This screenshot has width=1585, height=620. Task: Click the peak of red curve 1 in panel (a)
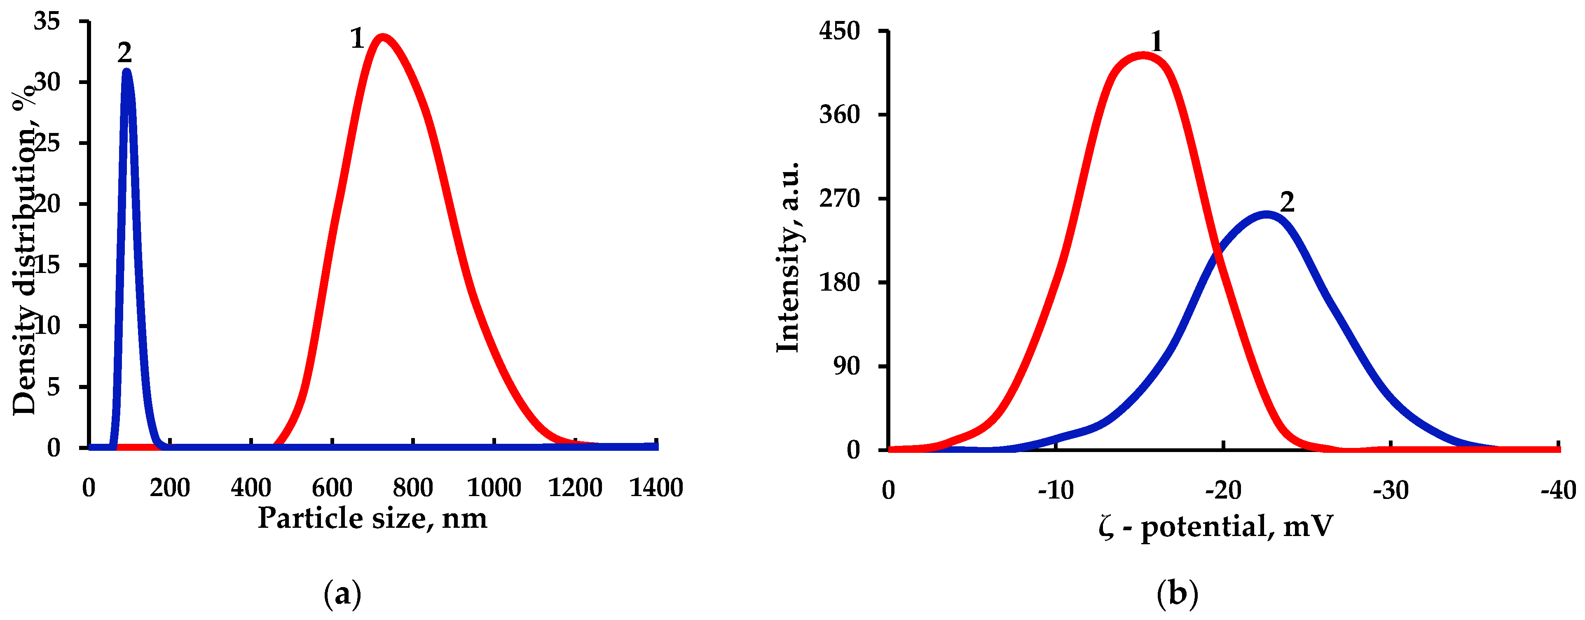click(x=383, y=37)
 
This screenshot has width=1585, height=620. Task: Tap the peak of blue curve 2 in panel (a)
click(x=127, y=71)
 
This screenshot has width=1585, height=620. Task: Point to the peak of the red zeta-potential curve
click(x=1142, y=56)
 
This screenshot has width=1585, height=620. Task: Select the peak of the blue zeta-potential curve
click(x=1266, y=214)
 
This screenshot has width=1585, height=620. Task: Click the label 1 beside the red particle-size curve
click(x=357, y=39)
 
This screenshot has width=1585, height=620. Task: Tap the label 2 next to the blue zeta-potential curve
click(x=1287, y=202)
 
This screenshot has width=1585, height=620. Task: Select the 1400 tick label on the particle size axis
click(x=656, y=488)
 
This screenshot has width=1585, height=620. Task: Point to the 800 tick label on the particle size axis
click(x=413, y=488)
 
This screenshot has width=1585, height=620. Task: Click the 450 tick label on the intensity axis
click(x=839, y=31)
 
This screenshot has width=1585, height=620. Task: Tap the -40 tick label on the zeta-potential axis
click(x=1558, y=490)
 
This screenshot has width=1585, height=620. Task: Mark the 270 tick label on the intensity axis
click(x=839, y=199)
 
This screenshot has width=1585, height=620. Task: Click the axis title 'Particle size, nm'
click(x=372, y=518)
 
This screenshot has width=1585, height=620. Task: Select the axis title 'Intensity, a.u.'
click(x=788, y=257)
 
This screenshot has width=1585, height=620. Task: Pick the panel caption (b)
click(x=1177, y=594)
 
